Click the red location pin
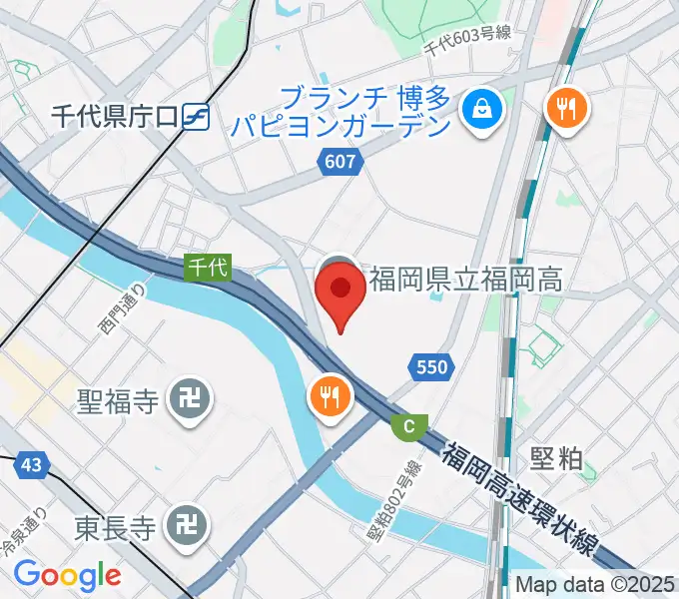[339, 294]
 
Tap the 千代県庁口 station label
[115, 117]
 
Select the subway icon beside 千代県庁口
[196, 117]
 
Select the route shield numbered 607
[339, 160]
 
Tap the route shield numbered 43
[30, 464]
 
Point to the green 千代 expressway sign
[209, 267]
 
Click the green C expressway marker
[407, 426]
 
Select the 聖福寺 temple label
[118, 401]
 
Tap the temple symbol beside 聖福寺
[188, 401]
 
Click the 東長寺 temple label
[116, 526]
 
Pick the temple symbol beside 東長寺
[188, 526]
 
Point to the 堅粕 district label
[556, 458]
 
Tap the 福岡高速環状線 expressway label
[525, 490]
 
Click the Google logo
[67, 575]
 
